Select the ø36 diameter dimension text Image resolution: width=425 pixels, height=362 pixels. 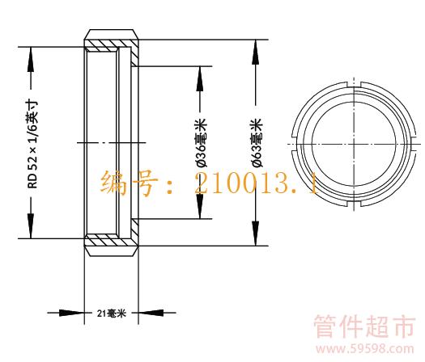point(202,142)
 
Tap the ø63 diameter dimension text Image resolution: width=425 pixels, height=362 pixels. point(257,142)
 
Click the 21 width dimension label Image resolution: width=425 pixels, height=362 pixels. point(112,314)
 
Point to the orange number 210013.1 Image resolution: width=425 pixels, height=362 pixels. point(257,184)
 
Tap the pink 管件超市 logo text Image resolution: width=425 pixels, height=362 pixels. point(365,326)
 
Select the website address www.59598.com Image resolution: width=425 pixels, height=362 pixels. point(365,349)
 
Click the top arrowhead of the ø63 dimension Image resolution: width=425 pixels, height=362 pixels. point(255,52)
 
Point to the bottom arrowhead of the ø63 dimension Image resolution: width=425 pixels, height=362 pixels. point(255,234)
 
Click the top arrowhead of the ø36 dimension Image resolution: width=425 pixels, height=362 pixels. point(200,78)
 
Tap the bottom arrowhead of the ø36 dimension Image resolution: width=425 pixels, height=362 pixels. point(200,206)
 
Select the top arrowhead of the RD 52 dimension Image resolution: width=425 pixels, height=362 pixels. point(31,60)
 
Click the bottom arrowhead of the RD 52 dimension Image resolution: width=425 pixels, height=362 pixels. point(31,226)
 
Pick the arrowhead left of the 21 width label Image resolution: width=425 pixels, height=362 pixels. point(71,313)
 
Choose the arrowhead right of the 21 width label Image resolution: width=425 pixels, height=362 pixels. point(151,313)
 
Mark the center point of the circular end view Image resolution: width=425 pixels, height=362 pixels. point(354,144)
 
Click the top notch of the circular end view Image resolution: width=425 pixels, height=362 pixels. point(354,85)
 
